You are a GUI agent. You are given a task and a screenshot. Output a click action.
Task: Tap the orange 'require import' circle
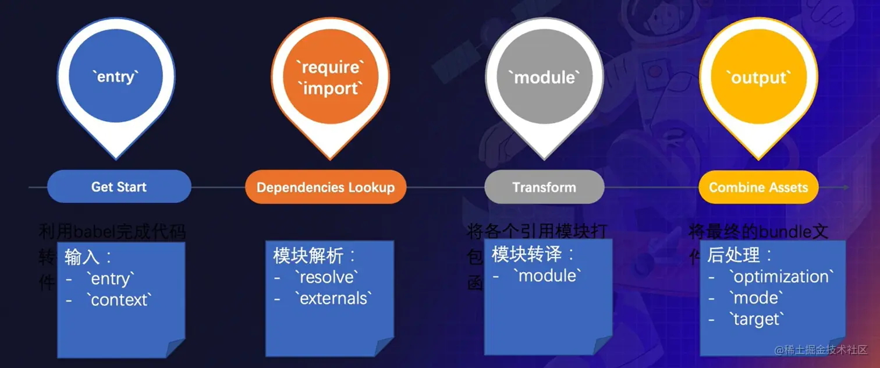[x=330, y=77]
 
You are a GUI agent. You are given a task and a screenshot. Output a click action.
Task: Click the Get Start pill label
[x=119, y=187]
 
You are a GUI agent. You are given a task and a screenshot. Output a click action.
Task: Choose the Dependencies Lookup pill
[x=325, y=187]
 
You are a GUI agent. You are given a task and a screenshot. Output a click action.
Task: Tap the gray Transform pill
[x=544, y=187]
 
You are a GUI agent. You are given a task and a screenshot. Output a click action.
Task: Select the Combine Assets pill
[x=758, y=187]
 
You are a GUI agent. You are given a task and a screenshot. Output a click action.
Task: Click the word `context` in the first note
[x=121, y=300]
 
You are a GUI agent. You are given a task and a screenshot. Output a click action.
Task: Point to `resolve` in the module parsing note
[x=327, y=277]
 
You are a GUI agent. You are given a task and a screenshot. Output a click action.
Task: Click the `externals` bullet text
[x=333, y=298]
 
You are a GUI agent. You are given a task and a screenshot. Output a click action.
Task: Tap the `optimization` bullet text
[x=781, y=276]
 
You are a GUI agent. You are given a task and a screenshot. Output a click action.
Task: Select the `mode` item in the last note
[x=755, y=298]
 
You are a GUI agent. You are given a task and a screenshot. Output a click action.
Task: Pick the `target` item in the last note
[x=757, y=319]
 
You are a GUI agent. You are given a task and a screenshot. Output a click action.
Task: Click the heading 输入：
[x=88, y=256]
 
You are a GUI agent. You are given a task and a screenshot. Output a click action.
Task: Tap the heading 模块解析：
[x=314, y=255]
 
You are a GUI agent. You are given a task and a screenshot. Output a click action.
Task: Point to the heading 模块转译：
[x=533, y=254]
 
